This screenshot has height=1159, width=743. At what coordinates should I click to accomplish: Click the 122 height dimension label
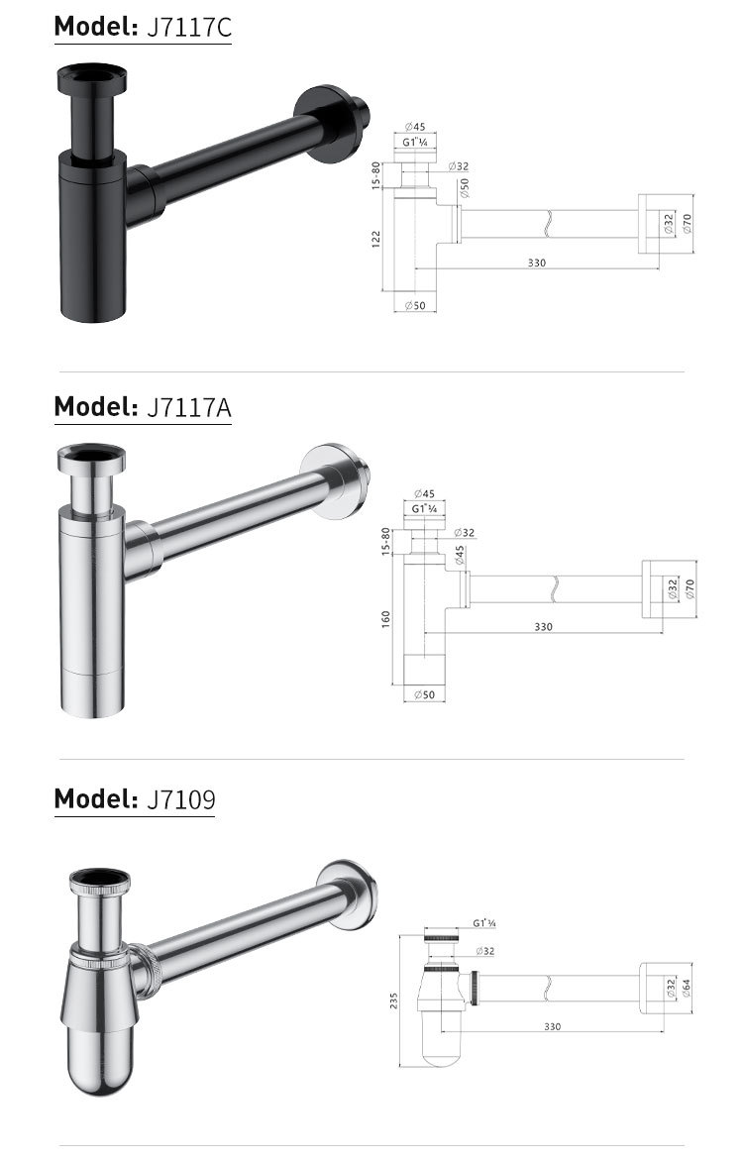point(375,239)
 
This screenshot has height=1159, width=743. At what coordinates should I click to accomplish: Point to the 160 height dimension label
point(385,619)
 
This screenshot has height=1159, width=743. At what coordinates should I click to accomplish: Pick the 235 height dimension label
point(393,1001)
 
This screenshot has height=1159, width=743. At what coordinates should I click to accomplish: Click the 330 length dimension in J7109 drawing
point(552,1026)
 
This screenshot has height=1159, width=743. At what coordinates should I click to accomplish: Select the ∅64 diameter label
point(686,989)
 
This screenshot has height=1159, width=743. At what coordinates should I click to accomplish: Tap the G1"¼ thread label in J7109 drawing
point(484,923)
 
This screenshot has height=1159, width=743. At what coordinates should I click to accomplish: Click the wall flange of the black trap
point(329,123)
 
